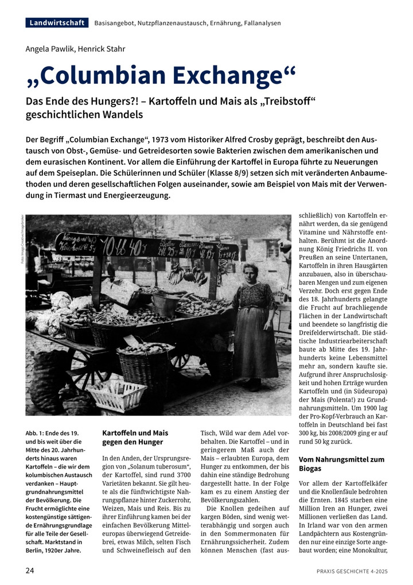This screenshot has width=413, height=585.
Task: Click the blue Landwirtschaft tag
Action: [x=57, y=23]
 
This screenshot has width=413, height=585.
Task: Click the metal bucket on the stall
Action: [x=165, y=303]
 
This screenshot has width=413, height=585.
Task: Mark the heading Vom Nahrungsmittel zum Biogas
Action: [x=341, y=464]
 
